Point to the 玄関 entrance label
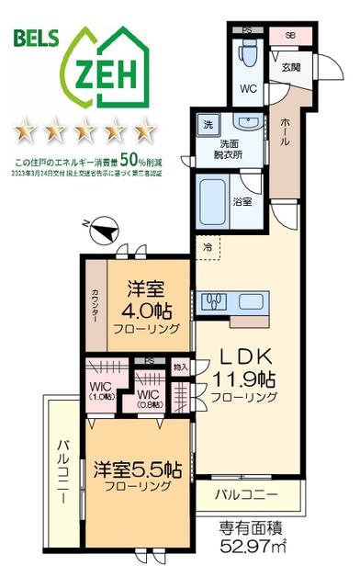coord(290,67)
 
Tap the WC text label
coord(247,90)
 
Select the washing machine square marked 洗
coord(208,123)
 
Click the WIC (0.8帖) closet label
coord(150,395)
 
